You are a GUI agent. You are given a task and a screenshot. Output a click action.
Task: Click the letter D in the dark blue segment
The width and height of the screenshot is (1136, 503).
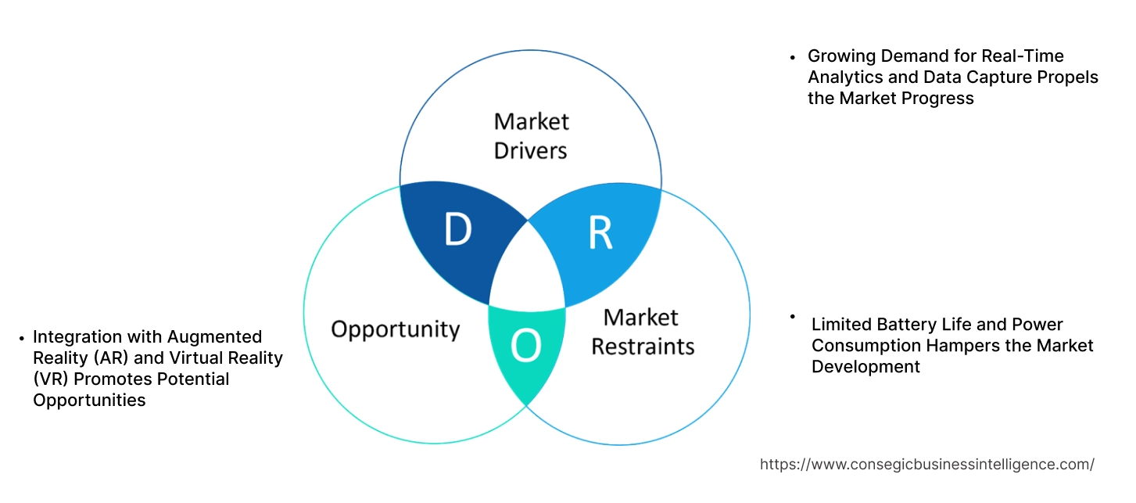coord(457,229)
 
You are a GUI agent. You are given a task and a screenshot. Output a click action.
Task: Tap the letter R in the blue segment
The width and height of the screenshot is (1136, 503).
coord(600,233)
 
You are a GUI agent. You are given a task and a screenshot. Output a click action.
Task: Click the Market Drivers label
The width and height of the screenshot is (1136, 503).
coord(531,135)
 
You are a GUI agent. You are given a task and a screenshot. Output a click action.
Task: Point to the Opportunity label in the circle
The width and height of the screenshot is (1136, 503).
coord(395,329)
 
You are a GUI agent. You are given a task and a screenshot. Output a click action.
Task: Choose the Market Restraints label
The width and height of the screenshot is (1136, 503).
coord(642,331)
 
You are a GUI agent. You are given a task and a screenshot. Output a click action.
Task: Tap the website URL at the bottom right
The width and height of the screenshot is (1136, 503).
coord(926,464)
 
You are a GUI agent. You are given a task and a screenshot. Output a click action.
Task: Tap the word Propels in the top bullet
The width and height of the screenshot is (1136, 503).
coord(1068,77)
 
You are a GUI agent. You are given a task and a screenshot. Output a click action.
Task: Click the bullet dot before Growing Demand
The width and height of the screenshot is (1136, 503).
coord(793,56)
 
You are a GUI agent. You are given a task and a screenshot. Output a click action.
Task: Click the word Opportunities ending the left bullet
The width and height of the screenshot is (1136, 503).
coord(88,400)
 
